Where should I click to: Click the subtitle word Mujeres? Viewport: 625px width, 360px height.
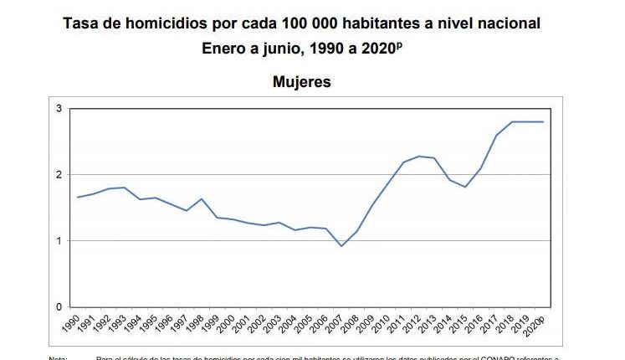[x=301, y=82]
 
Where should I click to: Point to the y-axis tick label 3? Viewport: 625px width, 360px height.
[x=59, y=109]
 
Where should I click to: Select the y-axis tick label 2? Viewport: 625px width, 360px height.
[x=59, y=175]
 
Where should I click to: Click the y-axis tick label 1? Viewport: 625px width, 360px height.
[x=59, y=241]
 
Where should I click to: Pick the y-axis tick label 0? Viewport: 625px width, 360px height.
[x=59, y=307]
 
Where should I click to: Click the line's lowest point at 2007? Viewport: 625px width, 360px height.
[x=341, y=246]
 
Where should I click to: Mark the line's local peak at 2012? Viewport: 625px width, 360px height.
[x=419, y=157]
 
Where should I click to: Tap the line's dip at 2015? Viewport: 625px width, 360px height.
[x=466, y=187]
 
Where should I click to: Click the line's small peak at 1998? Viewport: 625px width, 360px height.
[x=202, y=199]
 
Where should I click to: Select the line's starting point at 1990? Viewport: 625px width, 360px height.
[x=78, y=198]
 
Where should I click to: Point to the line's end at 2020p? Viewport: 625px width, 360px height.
[x=543, y=122]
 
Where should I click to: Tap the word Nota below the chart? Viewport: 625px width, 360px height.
[x=59, y=357]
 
